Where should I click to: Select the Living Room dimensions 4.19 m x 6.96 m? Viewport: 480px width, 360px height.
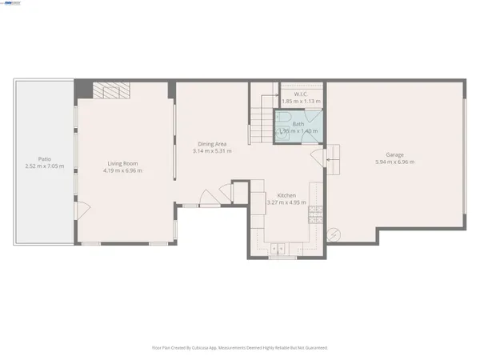click(125, 170)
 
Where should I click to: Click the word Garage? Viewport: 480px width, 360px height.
click(394, 155)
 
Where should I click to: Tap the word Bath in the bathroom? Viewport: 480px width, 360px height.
click(298, 124)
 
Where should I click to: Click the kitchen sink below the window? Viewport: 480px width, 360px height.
click(281, 247)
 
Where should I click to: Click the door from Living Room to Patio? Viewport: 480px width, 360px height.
click(81, 210)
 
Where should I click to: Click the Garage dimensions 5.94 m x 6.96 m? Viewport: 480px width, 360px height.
click(394, 162)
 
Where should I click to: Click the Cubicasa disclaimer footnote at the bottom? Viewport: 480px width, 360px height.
click(240, 348)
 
